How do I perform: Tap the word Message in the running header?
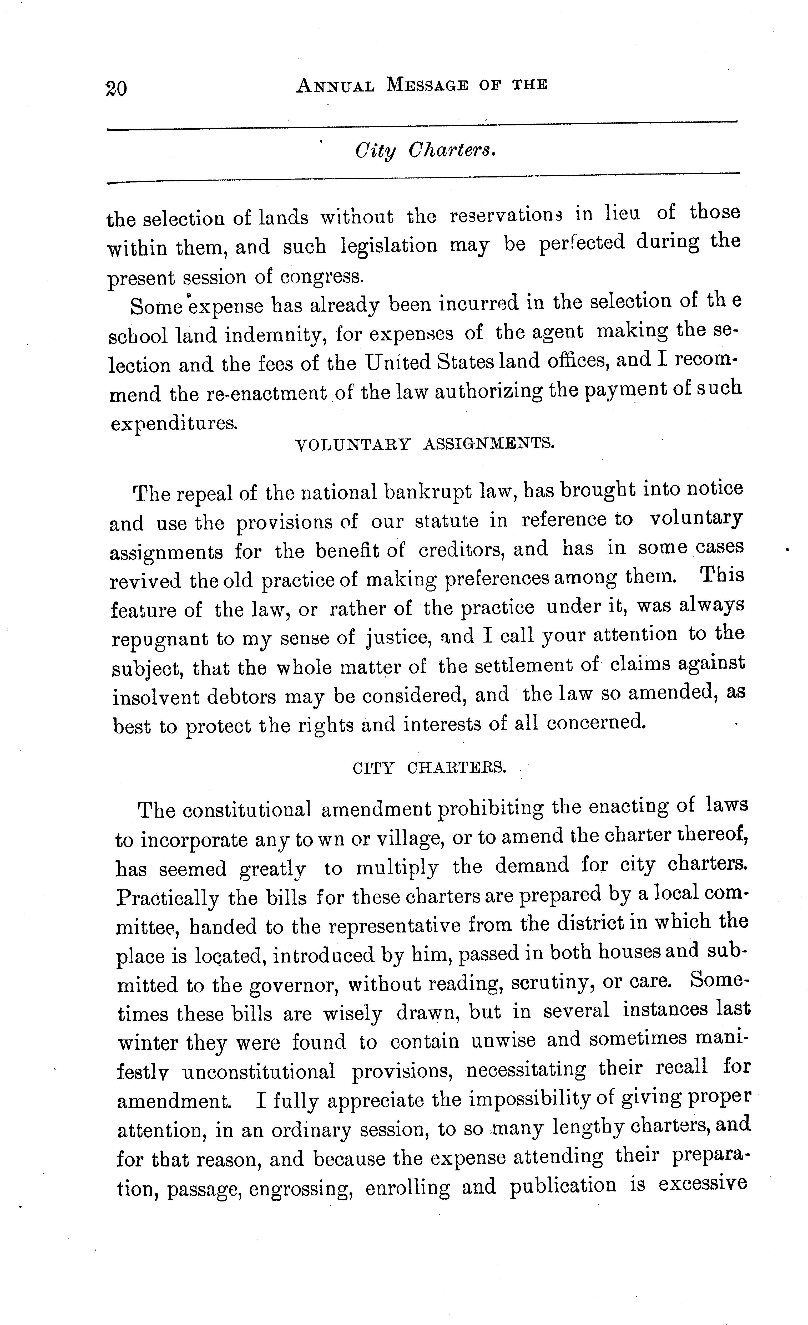click(427, 85)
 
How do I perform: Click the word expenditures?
click(174, 423)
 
